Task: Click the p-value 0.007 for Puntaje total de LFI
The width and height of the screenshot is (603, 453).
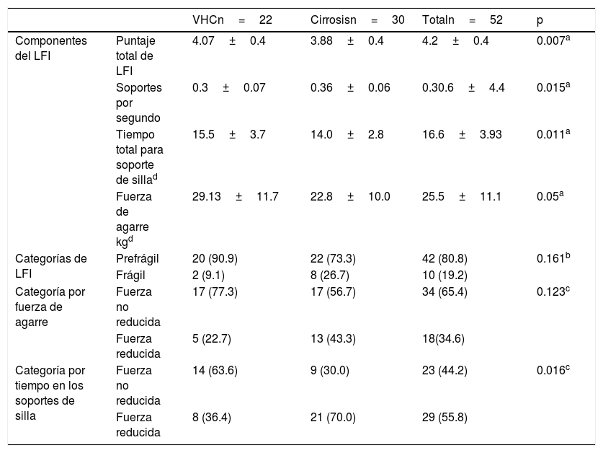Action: pos(553,40)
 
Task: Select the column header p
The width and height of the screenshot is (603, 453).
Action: pos(540,20)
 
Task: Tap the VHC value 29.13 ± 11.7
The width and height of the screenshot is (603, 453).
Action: pos(236,196)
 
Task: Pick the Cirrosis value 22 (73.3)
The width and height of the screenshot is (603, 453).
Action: pos(333,258)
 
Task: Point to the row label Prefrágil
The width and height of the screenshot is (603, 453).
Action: pos(138,258)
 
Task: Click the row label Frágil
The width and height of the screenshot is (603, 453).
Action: pos(130,275)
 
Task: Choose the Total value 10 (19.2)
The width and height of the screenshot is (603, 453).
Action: pos(445,275)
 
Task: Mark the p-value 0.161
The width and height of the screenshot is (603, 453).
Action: pos(553,258)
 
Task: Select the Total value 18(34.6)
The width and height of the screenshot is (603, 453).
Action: pos(443,338)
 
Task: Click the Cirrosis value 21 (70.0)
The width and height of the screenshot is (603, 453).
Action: pos(333,417)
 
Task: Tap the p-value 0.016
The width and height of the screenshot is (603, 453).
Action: pos(553,370)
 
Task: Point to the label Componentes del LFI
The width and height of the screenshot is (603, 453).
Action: pos(50,48)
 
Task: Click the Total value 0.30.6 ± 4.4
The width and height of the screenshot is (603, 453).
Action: pos(463,87)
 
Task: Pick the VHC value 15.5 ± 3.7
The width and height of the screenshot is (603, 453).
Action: pos(229,134)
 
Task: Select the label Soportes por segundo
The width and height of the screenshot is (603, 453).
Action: pos(139,103)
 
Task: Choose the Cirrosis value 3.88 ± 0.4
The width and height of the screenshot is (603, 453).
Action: pos(347,40)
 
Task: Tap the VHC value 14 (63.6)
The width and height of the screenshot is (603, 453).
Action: pos(215,370)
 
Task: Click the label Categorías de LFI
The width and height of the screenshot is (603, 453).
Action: pos(50,266)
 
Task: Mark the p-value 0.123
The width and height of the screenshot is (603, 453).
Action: pos(553,291)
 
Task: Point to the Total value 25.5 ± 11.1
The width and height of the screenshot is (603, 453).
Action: pos(462,196)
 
